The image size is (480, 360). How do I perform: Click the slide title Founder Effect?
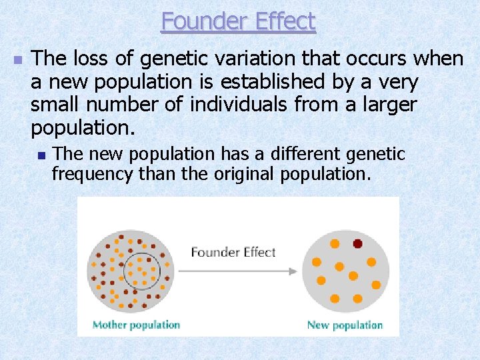click(x=238, y=21)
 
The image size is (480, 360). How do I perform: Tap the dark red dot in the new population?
click(x=357, y=243)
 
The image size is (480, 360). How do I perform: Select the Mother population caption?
click(x=136, y=325)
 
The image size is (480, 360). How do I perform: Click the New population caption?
click(x=345, y=325)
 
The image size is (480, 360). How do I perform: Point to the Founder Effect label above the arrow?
click(x=233, y=252)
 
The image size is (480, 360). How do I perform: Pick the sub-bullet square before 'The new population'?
click(x=41, y=155)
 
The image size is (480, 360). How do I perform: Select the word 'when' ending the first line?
click(x=438, y=59)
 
